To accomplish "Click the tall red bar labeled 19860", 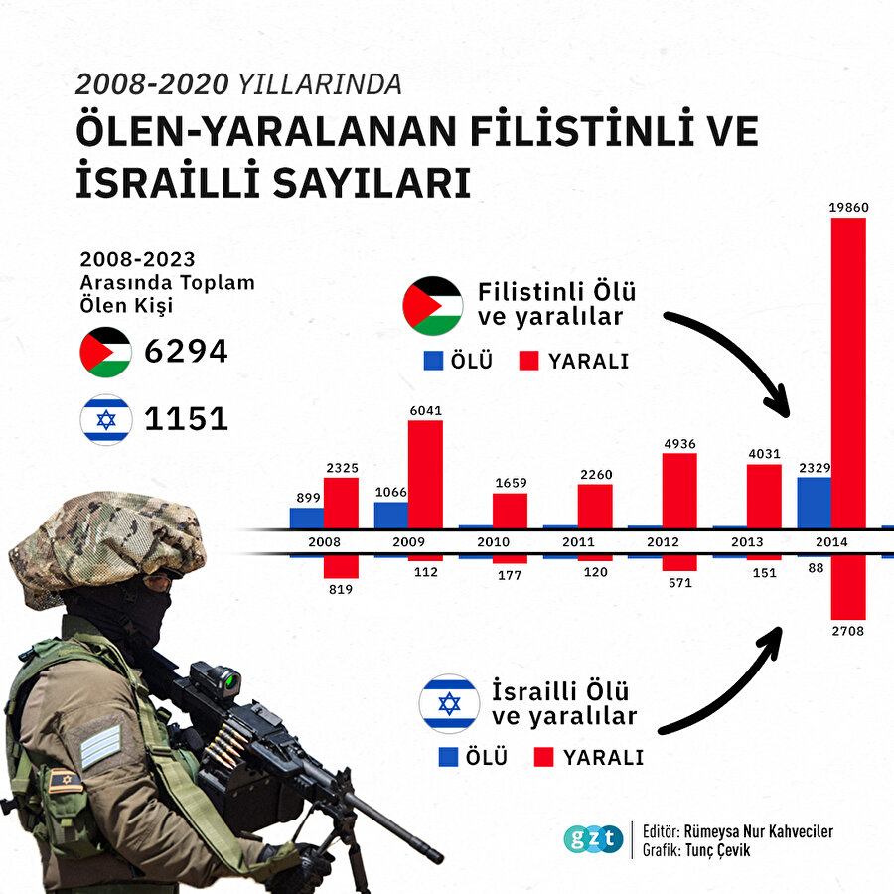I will pos(848,372).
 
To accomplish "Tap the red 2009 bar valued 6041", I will pos(425,474).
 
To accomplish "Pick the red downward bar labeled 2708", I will pos(848,587).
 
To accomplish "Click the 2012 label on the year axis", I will pos(663,542).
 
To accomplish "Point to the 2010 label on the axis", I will pos(494,542).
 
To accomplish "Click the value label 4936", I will pos(679,443).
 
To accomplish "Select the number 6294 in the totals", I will pos(187,351).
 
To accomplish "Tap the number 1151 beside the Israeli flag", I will pos(187,418).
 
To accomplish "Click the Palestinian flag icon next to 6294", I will pos(106,352).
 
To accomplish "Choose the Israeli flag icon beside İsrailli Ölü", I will pos(449,703).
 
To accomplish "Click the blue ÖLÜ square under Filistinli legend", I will pos(433,361).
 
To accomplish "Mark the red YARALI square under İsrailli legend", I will pos(542,757).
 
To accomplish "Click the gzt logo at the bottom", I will pos(593,838).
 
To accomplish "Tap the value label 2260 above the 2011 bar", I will pos(595,474).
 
